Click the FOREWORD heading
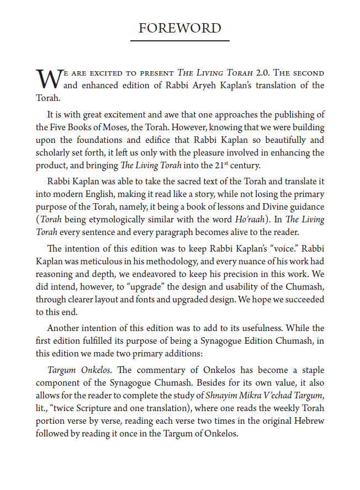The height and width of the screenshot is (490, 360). (x=180, y=28)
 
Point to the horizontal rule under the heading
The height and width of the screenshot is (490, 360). (x=180, y=41)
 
